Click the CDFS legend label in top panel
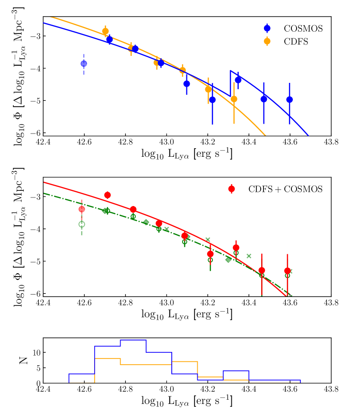(x=296, y=41)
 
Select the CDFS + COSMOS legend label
(x=285, y=189)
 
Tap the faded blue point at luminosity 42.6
(x=84, y=63)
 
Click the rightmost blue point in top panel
(x=290, y=99)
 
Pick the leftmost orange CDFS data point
(x=105, y=31)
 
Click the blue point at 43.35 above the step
(x=238, y=80)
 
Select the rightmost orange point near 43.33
(x=234, y=99)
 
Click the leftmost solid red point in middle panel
(x=107, y=195)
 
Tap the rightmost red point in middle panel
(x=287, y=271)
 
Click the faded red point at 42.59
(x=82, y=209)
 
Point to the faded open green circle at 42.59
(x=82, y=224)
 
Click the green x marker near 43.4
(x=249, y=256)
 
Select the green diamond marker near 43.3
(x=228, y=260)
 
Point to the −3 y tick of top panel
(x=35, y=36)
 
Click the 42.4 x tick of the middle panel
(x=43, y=303)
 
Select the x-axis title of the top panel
(x=187, y=155)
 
